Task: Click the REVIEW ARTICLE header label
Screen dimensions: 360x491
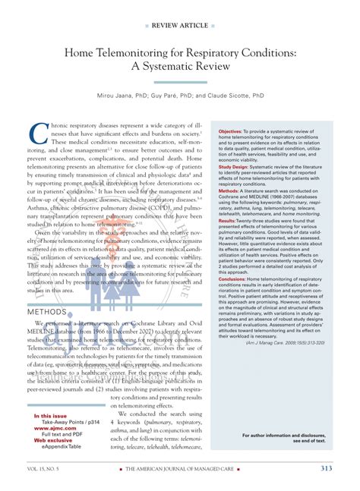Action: [180, 25]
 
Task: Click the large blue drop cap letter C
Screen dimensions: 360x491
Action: [37, 134]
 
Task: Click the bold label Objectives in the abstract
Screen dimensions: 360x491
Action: [230, 131]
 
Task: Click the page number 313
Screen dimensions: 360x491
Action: [326, 468]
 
